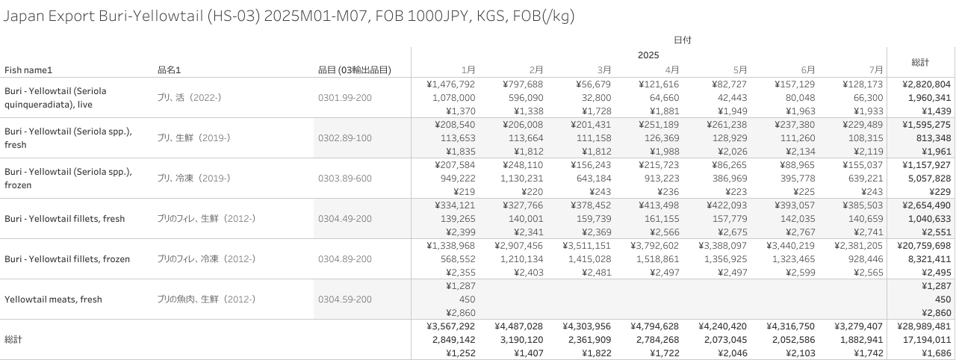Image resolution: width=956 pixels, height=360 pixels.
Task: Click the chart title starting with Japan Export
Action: tap(288, 16)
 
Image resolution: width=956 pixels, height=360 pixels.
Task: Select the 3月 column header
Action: tap(604, 70)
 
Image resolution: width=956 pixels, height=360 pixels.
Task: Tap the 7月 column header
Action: tap(875, 70)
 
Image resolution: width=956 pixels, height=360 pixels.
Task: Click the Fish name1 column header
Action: tap(28, 70)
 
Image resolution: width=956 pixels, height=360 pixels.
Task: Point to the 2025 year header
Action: tap(648, 55)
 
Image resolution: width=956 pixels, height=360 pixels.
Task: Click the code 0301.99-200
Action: tap(345, 98)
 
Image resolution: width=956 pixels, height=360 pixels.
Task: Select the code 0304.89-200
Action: tap(345, 259)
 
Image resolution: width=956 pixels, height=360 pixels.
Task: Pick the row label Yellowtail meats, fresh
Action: tap(53, 300)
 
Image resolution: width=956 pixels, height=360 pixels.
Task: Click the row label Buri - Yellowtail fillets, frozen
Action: tap(67, 259)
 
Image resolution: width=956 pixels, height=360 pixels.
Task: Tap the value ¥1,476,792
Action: tap(450, 84)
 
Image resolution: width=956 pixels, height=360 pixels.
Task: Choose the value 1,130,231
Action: tap(519, 179)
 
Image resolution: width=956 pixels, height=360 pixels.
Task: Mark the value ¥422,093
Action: tap(725, 205)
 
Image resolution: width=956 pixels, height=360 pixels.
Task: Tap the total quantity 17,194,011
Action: tap(926, 340)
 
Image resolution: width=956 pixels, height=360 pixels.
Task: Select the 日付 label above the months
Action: tap(682, 40)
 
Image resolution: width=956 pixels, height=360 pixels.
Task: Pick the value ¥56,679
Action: tap(595, 84)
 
